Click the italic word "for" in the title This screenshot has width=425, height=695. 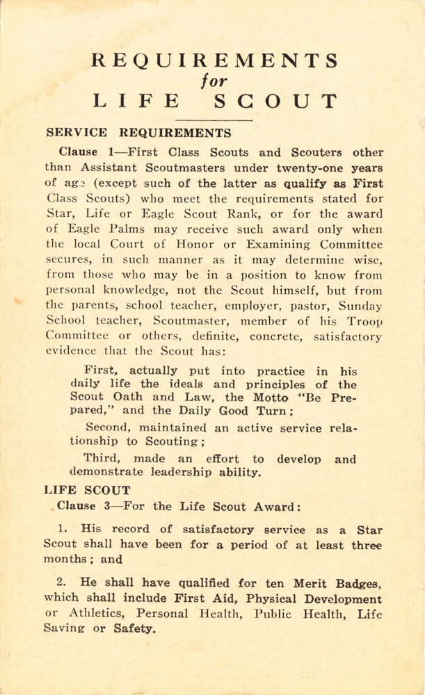click(215, 81)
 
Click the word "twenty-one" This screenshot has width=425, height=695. click(310, 167)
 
